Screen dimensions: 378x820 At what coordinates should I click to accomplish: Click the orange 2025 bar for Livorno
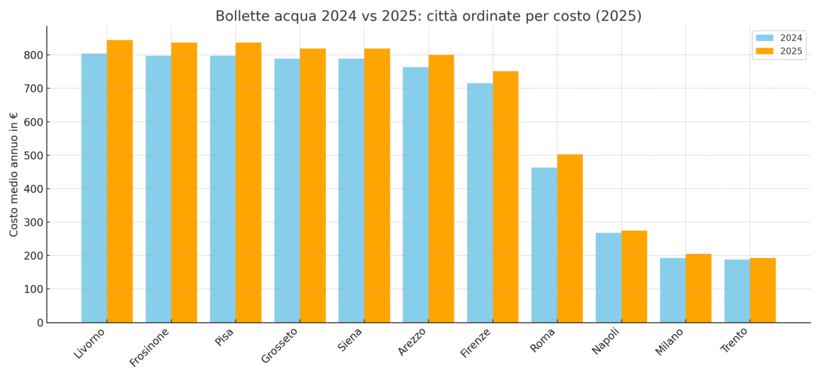(x=120, y=181)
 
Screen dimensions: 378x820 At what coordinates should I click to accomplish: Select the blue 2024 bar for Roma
(x=544, y=245)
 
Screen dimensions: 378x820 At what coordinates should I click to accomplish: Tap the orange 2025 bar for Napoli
(x=634, y=276)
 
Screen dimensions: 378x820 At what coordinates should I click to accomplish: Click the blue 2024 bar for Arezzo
(x=415, y=194)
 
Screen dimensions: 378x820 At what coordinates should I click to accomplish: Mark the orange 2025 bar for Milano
(x=698, y=288)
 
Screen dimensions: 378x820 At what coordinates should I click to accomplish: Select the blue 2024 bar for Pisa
(x=223, y=189)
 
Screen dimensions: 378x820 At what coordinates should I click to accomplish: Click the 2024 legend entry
(x=779, y=38)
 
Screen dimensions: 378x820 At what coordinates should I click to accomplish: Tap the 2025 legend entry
(x=779, y=51)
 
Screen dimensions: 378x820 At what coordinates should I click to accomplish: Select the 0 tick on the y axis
(x=40, y=323)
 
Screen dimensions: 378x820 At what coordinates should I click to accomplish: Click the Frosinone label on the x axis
(x=150, y=347)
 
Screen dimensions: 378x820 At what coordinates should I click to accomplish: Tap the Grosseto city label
(x=280, y=345)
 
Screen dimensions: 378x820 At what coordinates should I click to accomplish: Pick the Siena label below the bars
(x=351, y=339)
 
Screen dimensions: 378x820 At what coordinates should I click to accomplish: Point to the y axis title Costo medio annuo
(x=14, y=174)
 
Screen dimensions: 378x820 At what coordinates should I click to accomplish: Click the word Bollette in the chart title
(x=241, y=16)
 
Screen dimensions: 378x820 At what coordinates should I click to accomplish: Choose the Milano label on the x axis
(x=670, y=341)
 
